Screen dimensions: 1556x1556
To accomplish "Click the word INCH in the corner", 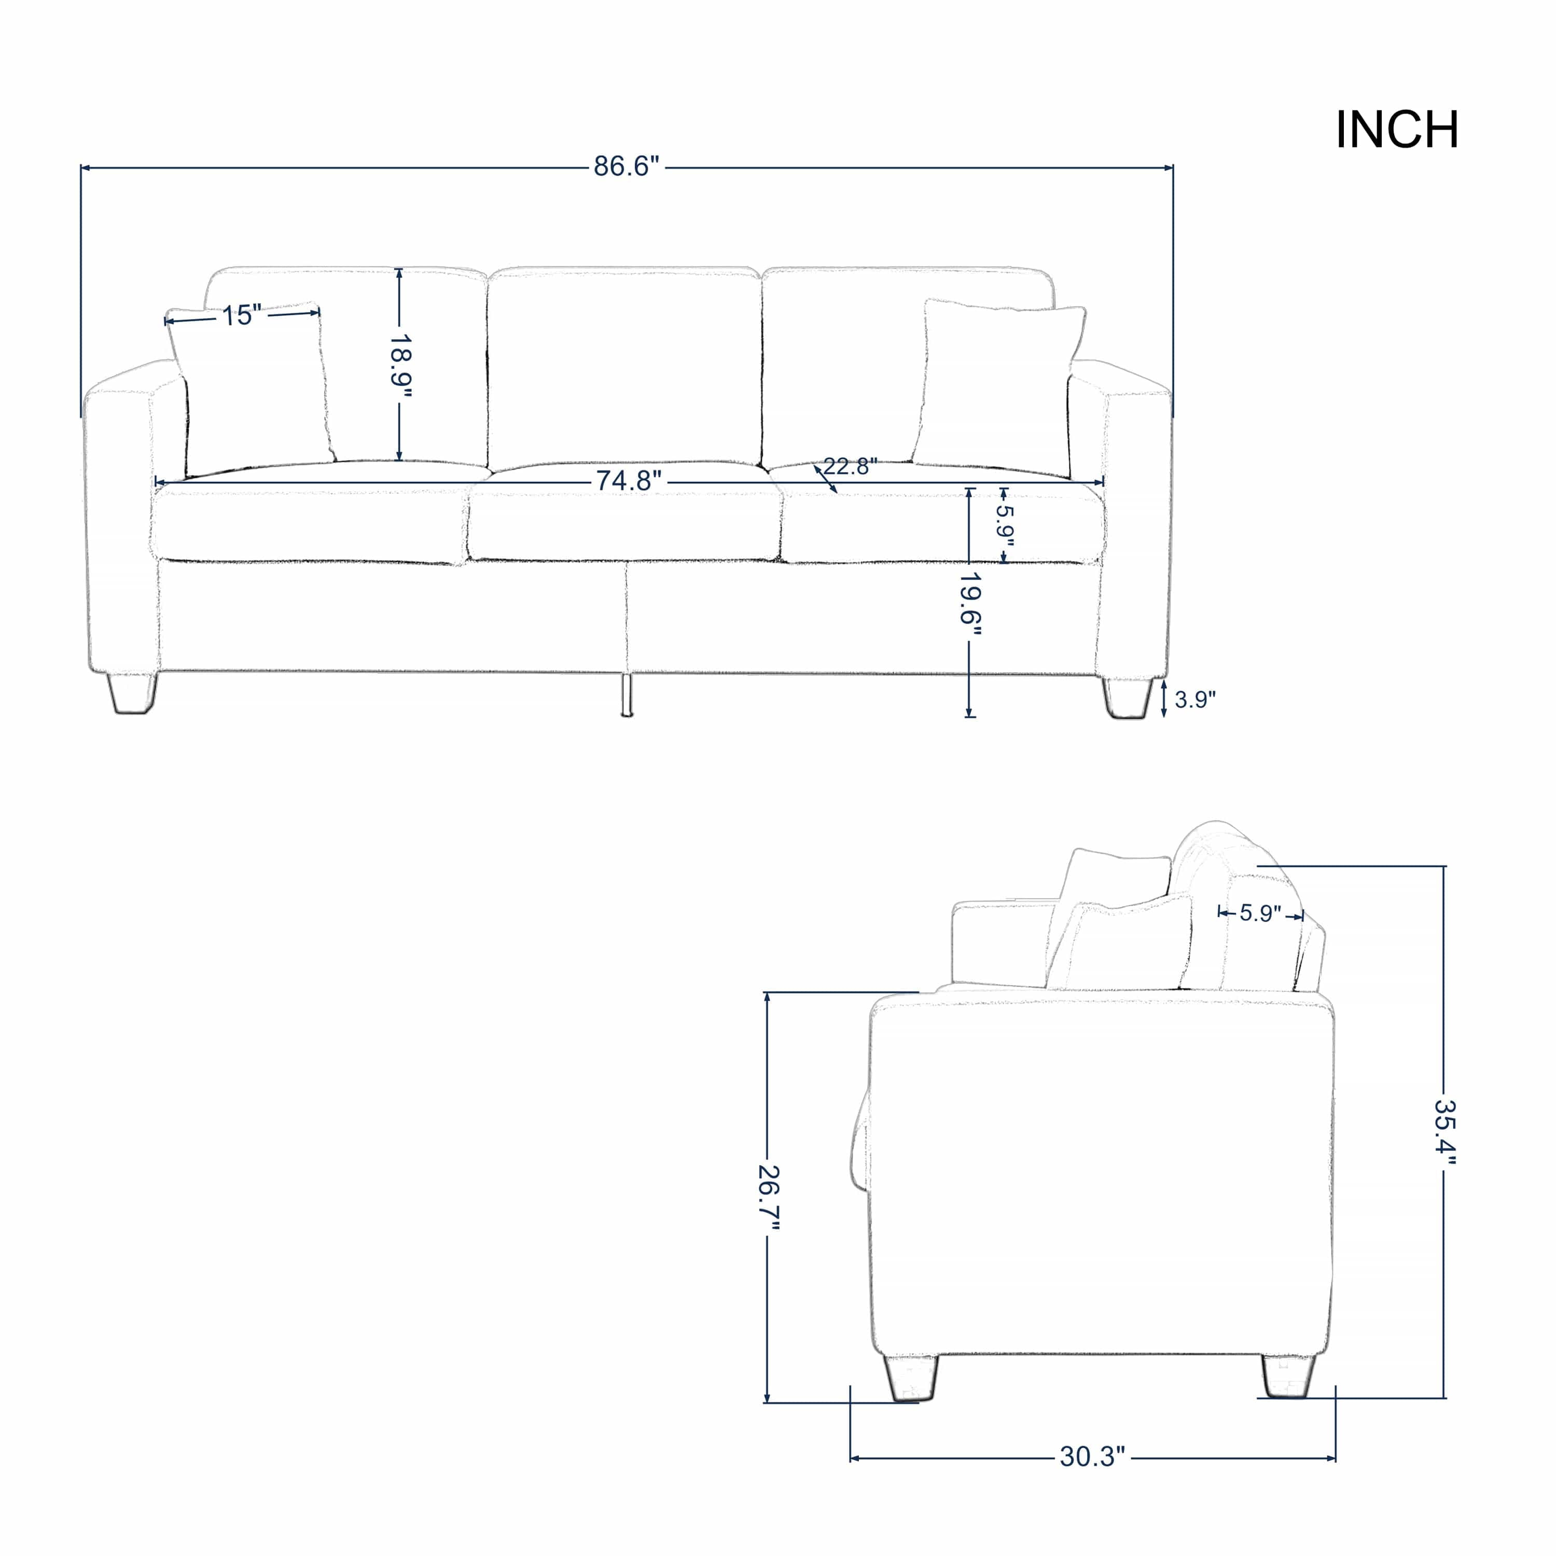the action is point(1397,130).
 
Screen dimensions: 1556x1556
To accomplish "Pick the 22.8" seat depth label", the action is point(850,466).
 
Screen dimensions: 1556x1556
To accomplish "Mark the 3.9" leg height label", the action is point(1194,700).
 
